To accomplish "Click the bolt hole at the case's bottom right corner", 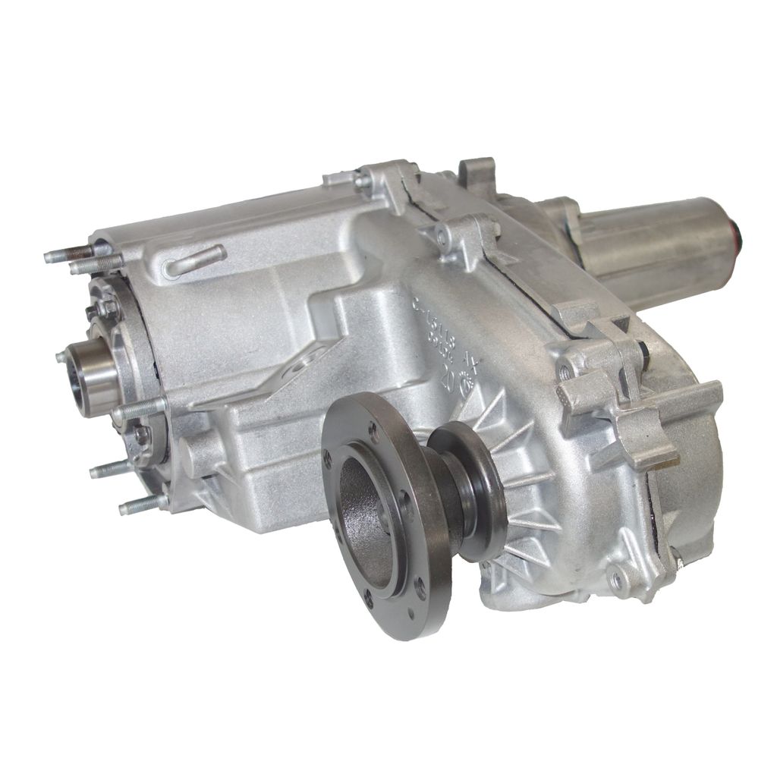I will tap(618, 580).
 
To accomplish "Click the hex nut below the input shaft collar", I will tap(141, 435).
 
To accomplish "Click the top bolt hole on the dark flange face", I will tap(373, 432).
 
